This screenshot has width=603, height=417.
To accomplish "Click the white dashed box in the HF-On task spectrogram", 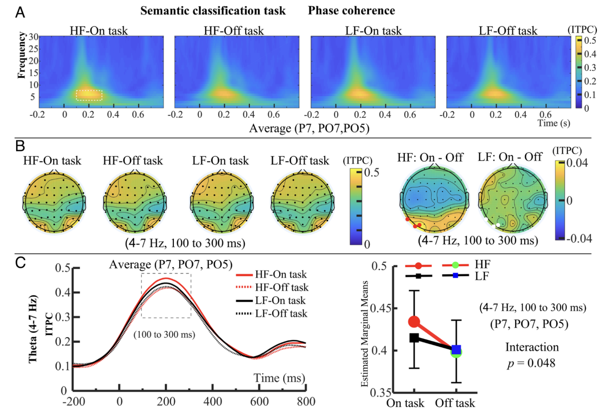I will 89,95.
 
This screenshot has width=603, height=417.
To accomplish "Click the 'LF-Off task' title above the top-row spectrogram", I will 508,31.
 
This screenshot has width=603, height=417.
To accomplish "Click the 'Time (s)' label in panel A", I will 554,123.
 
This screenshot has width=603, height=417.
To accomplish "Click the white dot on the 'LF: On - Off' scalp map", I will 498,224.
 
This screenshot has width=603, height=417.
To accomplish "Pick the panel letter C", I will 20,262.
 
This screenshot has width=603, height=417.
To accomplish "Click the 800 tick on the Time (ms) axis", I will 305,401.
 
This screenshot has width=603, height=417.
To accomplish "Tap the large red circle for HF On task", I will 414,322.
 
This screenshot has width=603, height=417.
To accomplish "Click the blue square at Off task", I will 457,350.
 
